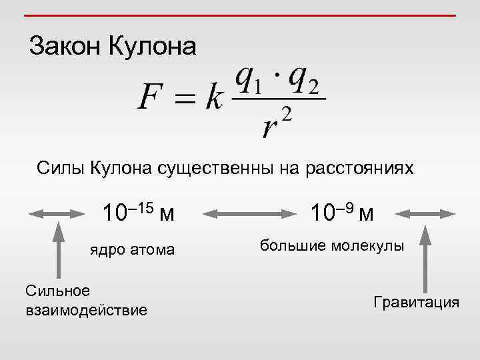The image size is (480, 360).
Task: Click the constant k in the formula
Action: click(x=214, y=99)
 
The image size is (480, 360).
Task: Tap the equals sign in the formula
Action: click(x=185, y=100)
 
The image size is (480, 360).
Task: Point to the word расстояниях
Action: click(x=360, y=168)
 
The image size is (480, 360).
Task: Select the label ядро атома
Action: click(x=133, y=250)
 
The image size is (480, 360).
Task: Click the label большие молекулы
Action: click(x=332, y=246)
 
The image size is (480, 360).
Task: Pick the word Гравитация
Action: click(x=417, y=302)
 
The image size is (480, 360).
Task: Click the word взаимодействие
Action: click(x=86, y=310)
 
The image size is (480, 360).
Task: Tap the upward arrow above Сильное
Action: click(x=59, y=250)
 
